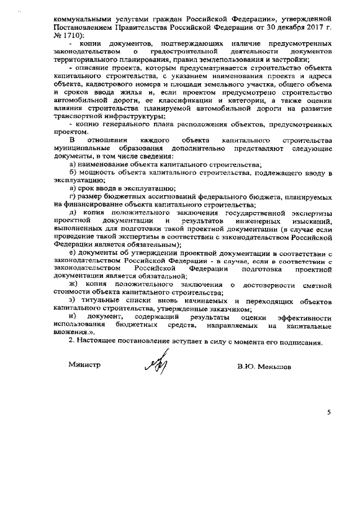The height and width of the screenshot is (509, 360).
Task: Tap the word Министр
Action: [84, 364]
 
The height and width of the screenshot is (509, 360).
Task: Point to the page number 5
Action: [328, 412]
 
